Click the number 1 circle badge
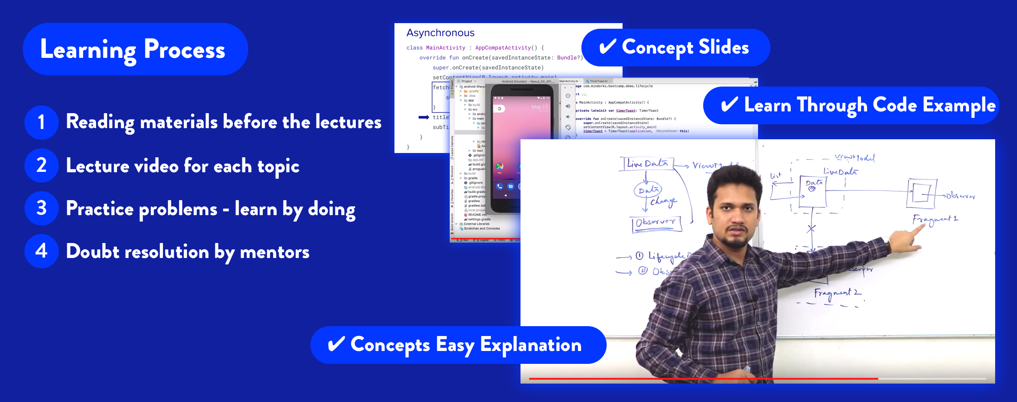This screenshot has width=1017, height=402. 41,122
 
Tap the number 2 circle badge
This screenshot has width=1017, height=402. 41,165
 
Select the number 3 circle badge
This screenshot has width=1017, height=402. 41,208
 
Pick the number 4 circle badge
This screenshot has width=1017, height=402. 41,251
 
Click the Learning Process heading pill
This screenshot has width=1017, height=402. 135,49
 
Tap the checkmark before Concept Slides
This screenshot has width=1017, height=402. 608,47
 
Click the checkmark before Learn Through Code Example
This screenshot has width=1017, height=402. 729,105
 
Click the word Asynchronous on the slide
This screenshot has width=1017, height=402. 440,33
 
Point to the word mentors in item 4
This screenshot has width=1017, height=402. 274,252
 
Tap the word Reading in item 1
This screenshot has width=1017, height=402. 100,122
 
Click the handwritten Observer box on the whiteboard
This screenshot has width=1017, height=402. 656,222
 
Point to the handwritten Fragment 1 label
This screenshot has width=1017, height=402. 935,220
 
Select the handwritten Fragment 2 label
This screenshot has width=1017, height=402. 837,293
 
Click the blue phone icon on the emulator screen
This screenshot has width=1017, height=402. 499,186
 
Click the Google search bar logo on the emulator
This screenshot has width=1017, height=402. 499,109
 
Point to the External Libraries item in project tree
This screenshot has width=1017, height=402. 476,224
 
